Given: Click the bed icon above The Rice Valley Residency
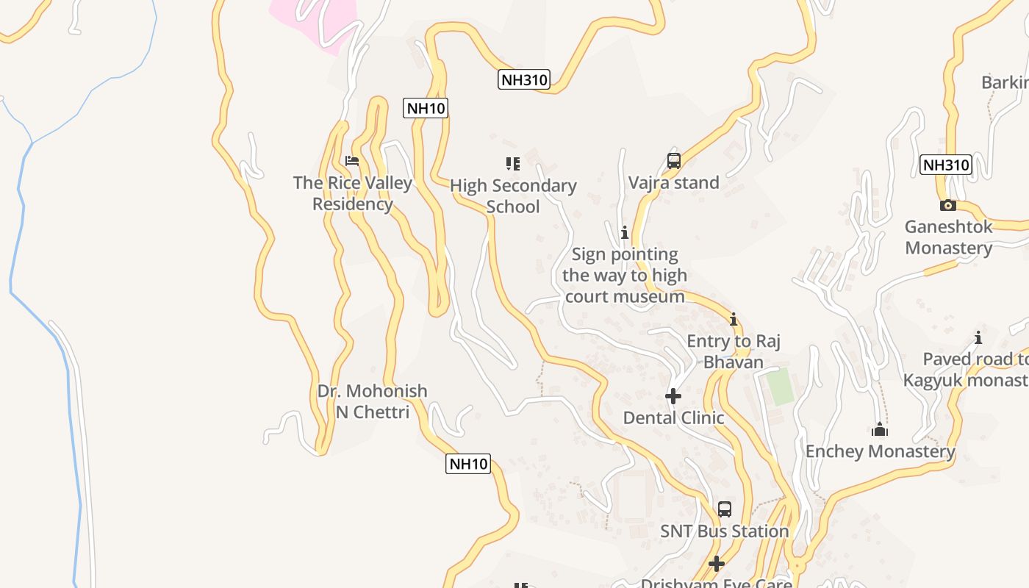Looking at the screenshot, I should click(352, 161).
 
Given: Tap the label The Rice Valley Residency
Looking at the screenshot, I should click(353, 193).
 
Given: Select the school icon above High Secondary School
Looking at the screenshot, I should click(513, 164).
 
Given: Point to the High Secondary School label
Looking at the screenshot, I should click(513, 196).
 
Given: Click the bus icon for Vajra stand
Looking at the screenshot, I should click(674, 161).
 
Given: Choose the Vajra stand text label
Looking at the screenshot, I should click(674, 182).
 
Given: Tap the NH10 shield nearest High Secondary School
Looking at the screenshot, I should click(426, 108).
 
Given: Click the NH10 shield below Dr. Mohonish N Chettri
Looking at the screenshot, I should click(468, 464).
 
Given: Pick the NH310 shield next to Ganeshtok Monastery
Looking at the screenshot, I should click(946, 165).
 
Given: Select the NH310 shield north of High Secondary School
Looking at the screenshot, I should click(524, 79).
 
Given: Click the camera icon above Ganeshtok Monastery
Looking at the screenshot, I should click(948, 205).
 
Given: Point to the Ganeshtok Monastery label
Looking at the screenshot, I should click(948, 237).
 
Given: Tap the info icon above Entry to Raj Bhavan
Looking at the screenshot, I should click(733, 320).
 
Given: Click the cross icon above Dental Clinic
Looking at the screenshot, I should click(673, 397).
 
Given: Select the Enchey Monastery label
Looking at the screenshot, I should click(880, 451).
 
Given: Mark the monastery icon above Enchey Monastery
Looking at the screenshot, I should click(880, 430).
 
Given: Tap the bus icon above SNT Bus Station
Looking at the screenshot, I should click(725, 509).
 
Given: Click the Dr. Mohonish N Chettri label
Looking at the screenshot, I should click(372, 401).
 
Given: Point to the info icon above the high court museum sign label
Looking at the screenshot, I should click(625, 233).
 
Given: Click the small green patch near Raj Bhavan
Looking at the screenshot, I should click(781, 387).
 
